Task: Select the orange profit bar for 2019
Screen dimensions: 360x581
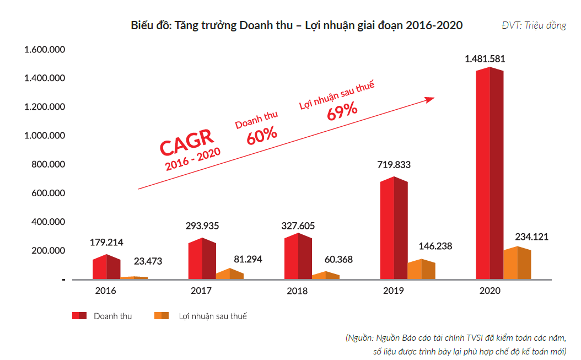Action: tap(421, 270)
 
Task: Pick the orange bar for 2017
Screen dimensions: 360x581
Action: tap(229, 274)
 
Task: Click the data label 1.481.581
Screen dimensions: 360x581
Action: tap(485, 58)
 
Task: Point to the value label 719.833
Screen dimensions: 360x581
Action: tap(394, 165)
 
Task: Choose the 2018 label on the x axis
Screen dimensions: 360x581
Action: tap(297, 291)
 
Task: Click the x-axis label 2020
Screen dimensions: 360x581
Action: tap(489, 291)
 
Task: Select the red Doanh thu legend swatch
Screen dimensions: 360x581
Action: tap(79, 316)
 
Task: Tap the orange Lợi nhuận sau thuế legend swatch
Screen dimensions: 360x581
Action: tap(162, 316)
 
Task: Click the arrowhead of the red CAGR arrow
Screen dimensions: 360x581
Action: tap(429, 99)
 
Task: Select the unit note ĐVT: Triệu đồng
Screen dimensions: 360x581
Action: tap(533, 26)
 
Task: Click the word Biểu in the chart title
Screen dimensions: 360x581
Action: tap(142, 25)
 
